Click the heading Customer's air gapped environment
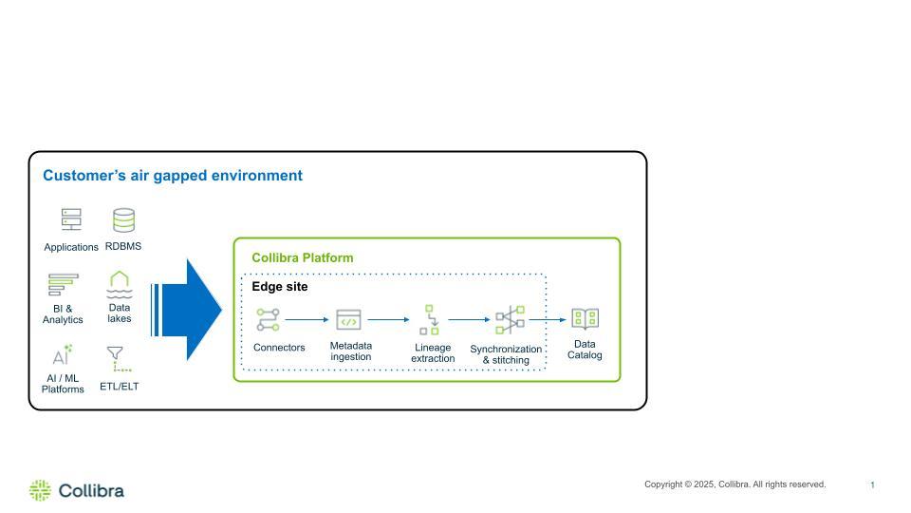pyautogui.click(x=173, y=176)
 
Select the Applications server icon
pyautogui.click(x=71, y=219)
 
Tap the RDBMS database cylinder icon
pyautogui.click(x=123, y=220)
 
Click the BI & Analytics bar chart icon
pyautogui.click(x=63, y=285)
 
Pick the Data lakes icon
pyautogui.click(x=119, y=283)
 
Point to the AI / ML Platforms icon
pyautogui.click(x=62, y=355)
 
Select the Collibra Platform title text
pyautogui.click(x=302, y=258)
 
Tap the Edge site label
pyautogui.click(x=279, y=287)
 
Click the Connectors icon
pyautogui.click(x=268, y=319)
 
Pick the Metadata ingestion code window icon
pyautogui.click(x=348, y=319)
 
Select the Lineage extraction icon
pyautogui.click(x=430, y=319)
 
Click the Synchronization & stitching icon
pyautogui.click(x=510, y=319)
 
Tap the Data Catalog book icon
pyautogui.click(x=585, y=319)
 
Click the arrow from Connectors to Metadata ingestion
pyautogui.click(x=306, y=320)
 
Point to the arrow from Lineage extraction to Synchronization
pyautogui.click(x=469, y=320)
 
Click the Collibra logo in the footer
pyautogui.click(x=77, y=490)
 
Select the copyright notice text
pyautogui.click(x=734, y=484)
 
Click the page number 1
pyautogui.click(x=872, y=485)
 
